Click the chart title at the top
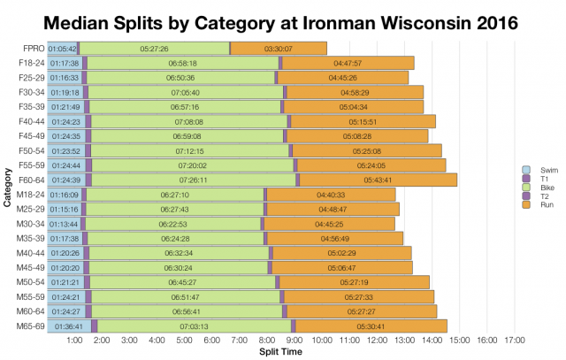point(283,19)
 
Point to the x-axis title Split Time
point(281,352)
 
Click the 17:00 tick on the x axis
point(515,341)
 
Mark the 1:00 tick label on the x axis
point(75,341)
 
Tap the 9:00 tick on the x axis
point(295,341)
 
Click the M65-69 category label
point(29,326)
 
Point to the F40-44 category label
point(29,121)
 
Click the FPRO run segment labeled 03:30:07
point(279,49)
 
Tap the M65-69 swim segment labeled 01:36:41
point(68,326)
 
